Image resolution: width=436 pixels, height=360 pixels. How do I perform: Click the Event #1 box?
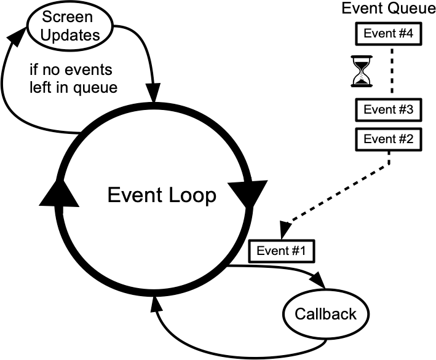tap(281, 250)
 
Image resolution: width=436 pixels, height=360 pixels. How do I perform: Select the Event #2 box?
tap(388, 139)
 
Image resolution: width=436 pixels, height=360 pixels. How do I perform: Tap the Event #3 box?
tap(388, 111)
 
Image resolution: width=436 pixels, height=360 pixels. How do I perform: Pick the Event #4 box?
tap(388, 34)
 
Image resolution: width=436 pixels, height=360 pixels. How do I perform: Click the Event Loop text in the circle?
tap(161, 195)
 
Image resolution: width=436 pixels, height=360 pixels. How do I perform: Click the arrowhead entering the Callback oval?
tap(318, 283)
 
